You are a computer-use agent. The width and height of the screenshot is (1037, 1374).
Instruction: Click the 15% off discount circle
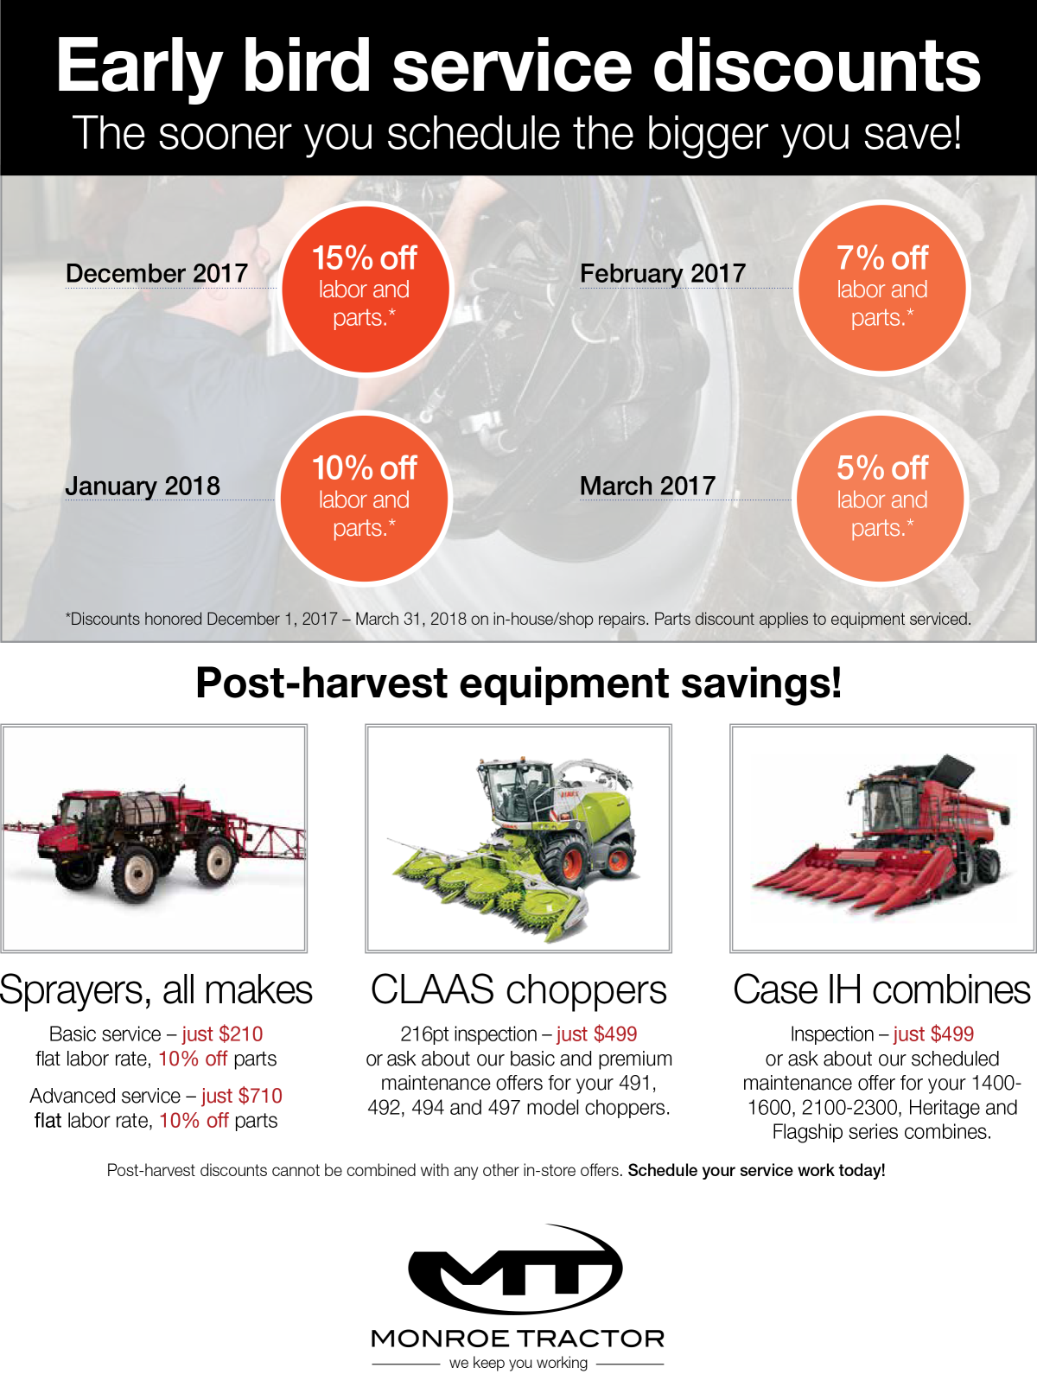tap(366, 289)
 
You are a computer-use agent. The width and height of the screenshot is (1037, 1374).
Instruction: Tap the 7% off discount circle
tap(881, 288)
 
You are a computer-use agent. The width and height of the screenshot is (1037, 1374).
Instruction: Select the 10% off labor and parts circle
tap(364, 499)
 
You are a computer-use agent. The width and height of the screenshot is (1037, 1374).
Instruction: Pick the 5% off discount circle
tap(881, 499)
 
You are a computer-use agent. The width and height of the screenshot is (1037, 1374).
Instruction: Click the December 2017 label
tap(156, 274)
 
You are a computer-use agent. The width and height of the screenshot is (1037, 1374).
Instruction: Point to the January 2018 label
tap(143, 487)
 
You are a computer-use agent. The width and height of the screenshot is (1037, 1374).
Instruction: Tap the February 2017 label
tap(663, 274)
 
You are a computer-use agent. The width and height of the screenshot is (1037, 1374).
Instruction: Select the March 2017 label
tap(648, 487)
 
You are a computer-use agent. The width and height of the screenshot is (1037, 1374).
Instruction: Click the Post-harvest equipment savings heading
tap(518, 683)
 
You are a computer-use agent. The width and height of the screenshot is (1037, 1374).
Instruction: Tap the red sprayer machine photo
tap(153, 838)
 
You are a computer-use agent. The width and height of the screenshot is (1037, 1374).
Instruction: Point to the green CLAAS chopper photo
tap(518, 838)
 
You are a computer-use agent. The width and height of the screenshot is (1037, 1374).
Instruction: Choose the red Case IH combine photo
tap(883, 838)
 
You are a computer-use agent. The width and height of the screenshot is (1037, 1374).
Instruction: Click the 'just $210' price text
tap(222, 1034)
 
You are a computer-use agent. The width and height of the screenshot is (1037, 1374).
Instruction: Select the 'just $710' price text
tap(242, 1096)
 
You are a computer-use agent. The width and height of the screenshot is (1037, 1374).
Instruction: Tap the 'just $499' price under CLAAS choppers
tap(596, 1034)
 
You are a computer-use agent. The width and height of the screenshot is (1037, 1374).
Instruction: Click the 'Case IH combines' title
tap(881, 990)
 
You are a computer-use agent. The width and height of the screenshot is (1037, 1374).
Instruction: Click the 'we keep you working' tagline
tap(518, 1363)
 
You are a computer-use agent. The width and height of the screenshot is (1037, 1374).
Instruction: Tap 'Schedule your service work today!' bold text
tap(757, 1171)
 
